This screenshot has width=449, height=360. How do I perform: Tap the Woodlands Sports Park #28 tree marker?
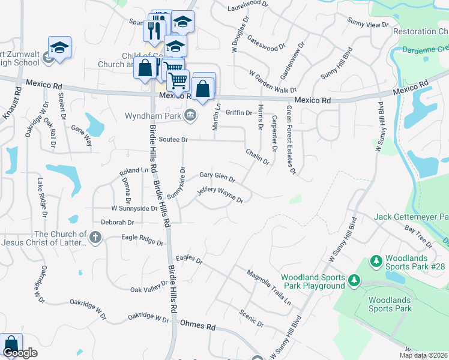click(376, 261)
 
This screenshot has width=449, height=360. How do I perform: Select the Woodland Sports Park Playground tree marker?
click(354, 280)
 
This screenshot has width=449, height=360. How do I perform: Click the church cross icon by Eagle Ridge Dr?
click(95, 238)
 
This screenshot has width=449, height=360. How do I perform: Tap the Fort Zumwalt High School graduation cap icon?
click(59, 48)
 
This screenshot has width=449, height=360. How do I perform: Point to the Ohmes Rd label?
click(197, 326)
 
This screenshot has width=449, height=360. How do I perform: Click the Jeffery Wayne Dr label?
click(220, 195)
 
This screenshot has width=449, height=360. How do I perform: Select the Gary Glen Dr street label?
click(217, 176)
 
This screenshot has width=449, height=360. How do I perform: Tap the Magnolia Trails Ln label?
click(269, 287)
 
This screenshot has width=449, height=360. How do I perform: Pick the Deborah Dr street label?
click(118, 222)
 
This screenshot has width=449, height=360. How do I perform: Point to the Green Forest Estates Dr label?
click(291, 140)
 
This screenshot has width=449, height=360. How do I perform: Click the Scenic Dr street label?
click(252, 318)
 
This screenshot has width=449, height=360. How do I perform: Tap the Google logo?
click(19, 353)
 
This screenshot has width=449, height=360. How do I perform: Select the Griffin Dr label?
click(238, 112)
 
